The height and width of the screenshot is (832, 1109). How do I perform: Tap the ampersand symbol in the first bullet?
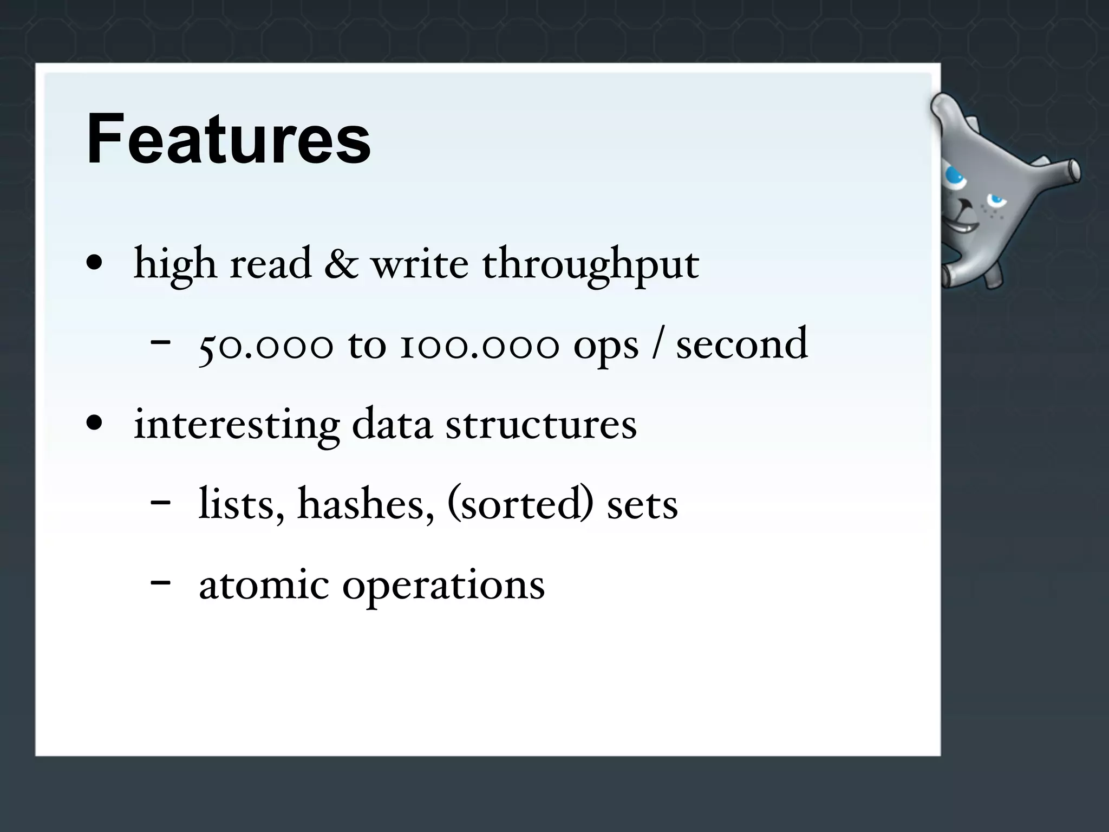click(x=341, y=264)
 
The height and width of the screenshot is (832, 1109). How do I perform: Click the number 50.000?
click(x=265, y=344)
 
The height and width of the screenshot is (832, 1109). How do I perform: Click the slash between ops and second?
click(x=657, y=344)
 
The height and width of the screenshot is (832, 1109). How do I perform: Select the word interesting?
click(x=237, y=425)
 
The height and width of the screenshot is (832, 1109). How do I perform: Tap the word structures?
click(x=541, y=425)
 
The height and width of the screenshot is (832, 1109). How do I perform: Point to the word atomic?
click(x=264, y=585)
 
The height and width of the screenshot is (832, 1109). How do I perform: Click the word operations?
click(x=443, y=587)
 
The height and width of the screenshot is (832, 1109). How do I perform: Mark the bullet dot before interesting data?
click(x=95, y=424)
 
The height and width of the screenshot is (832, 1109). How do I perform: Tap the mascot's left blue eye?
click(x=954, y=176)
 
